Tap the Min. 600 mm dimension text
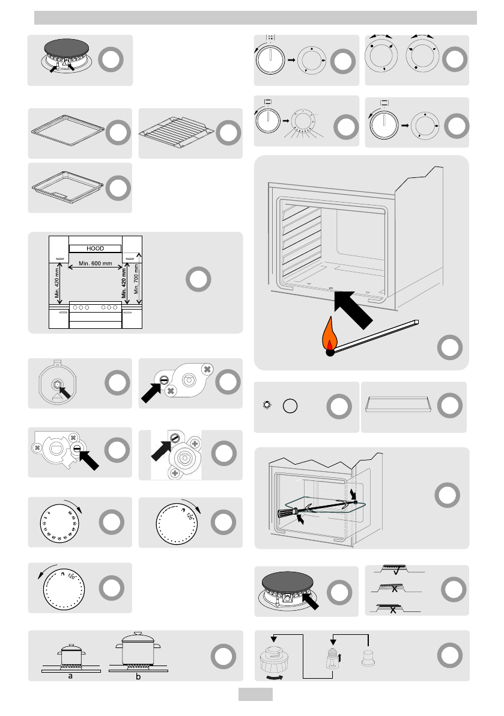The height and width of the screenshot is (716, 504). (96, 264)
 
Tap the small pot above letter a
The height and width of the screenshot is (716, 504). (70, 655)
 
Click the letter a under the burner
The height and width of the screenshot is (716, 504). (70, 676)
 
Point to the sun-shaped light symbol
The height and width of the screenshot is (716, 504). (268, 406)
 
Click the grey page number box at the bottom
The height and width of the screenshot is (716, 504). (255, 694)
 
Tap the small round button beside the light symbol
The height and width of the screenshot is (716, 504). (290, 406)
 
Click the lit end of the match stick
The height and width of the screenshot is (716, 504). (330, 352)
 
